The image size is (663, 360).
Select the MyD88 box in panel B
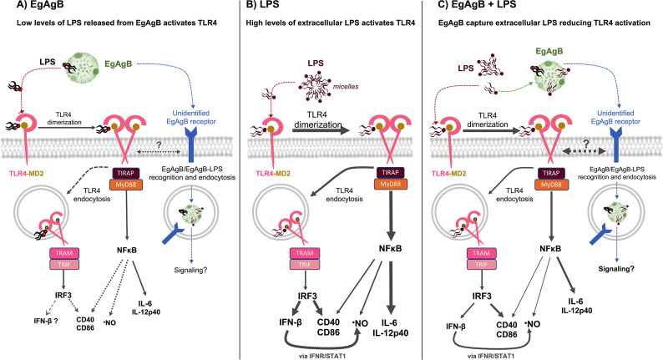click(390, 184)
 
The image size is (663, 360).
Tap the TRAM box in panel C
click(481, 253)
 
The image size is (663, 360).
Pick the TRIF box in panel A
click(64, 265)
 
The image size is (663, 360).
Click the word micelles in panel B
click(346, 87)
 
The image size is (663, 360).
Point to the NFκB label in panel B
click(390, 248)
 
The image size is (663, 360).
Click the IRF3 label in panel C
click(482, 297)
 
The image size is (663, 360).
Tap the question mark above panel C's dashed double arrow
click(586, 144)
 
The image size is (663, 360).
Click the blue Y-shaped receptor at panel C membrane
click(614, 145)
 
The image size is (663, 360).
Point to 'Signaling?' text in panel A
click(190, 270)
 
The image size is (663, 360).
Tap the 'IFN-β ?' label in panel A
click(46, 321)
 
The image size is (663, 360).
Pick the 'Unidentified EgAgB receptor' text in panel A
click(190, 117)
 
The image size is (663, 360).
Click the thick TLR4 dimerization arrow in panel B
click(321, 130)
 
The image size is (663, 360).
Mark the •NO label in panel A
click(109, 322)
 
